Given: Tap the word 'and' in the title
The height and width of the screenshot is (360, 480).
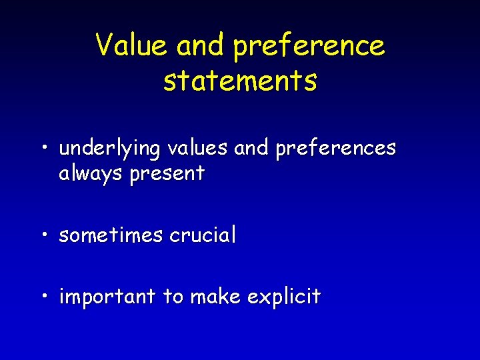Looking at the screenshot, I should [x=203, y=46].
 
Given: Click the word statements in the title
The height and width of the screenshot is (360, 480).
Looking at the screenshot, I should [x=240, y=81].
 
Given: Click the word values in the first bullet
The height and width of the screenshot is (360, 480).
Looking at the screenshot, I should [x=197, y=148].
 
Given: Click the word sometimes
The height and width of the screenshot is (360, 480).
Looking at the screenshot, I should [x=111, y=235].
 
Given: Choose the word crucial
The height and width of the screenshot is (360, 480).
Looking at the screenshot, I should [x=203, y=235].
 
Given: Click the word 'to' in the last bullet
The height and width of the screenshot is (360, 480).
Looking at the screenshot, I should [x=173, y=297].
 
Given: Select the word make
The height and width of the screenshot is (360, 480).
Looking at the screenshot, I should [x=215, y=296].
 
